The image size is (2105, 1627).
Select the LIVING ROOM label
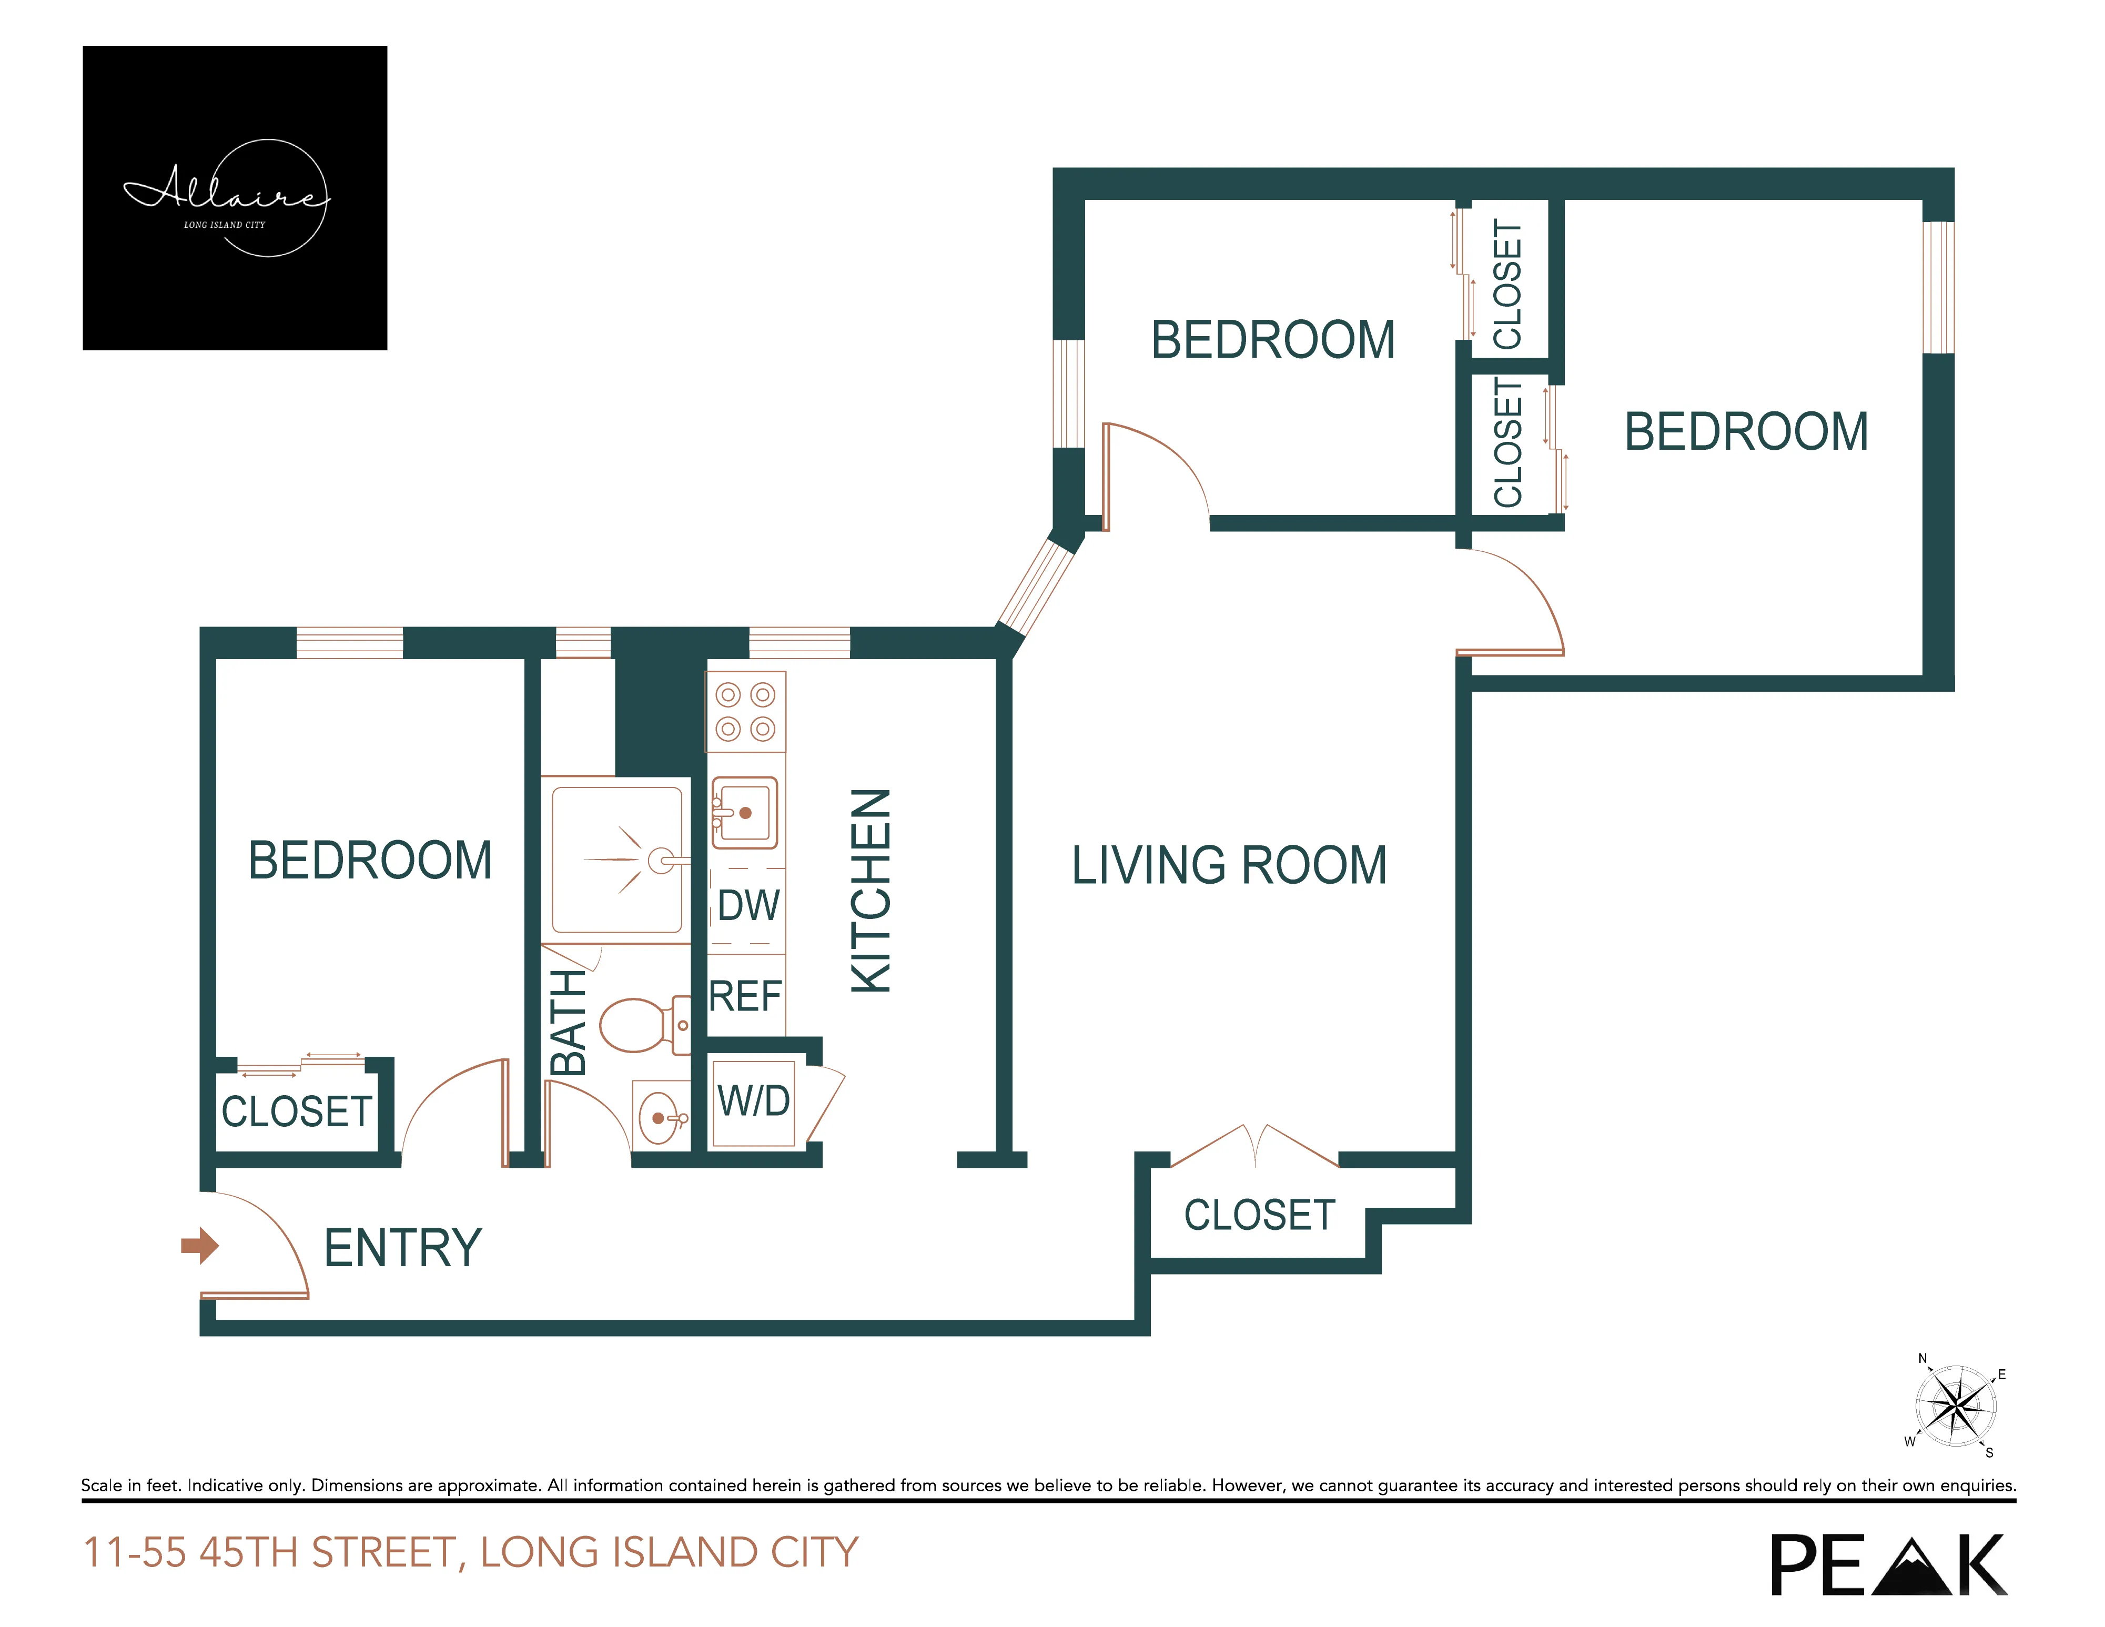coord(1229,865)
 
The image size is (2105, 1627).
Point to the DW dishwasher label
coord(748,906)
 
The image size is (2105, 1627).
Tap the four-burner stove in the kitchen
coord(746,711)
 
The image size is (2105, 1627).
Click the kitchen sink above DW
coord(744,813)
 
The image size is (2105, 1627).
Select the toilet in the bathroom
coord(641,1025)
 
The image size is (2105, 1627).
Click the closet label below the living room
coord(1260,1216)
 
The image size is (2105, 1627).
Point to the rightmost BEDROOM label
coord(1746,432)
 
